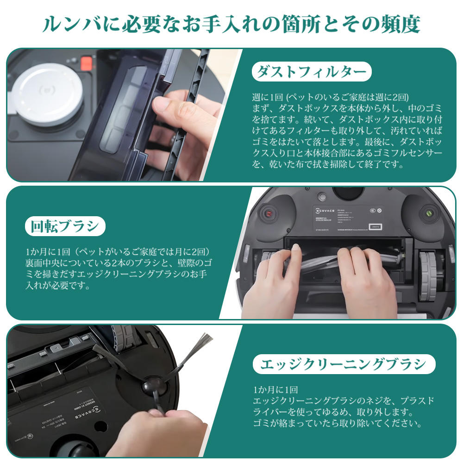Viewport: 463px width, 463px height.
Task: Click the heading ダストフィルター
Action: tap(312, 72)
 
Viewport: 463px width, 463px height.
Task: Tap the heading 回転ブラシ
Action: tap(65, 226)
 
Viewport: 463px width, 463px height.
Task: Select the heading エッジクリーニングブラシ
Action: tap(344, 364)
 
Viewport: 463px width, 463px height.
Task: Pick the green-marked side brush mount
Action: tap(429, 214)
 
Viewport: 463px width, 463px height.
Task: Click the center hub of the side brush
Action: tap(151, 385)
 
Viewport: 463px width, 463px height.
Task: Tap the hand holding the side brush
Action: tap(153, 433)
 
